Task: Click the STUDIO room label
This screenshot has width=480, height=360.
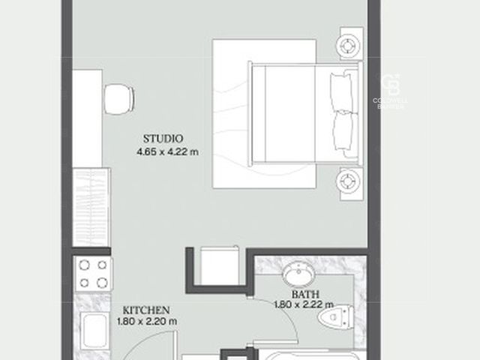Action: point(163,139)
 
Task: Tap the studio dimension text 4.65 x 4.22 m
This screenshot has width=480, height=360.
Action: point(167,151)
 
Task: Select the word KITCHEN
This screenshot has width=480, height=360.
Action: point(146,310)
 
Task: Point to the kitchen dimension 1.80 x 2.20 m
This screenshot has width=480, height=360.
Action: point(147,322)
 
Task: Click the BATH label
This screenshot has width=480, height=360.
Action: point(305,295)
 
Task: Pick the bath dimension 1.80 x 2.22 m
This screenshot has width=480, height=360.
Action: point(304,305)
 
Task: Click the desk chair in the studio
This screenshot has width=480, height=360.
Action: point(119,99)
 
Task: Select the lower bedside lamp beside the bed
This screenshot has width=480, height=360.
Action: point(348,181)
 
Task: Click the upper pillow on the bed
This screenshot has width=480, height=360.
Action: point(341,92)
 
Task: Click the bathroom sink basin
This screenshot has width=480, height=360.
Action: point(298,274)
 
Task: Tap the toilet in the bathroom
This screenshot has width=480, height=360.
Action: point(336,317)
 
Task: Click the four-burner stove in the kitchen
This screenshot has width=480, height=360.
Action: point(94,274)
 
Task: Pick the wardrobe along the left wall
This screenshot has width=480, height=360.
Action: point(91,207)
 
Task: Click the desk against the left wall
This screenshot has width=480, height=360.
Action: point(87,118)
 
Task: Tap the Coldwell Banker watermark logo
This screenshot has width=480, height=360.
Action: point(391,91)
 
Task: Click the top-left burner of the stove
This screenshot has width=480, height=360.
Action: point(84,265)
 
